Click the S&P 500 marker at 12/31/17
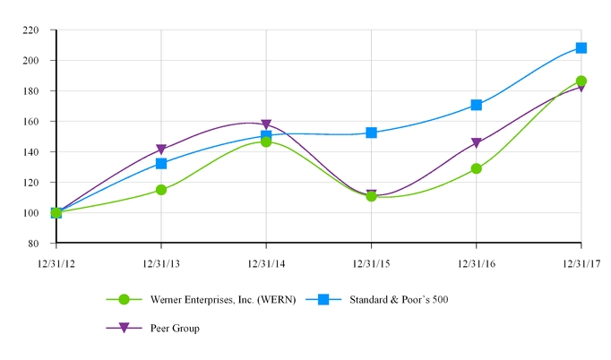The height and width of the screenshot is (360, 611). click(x=581, y=48)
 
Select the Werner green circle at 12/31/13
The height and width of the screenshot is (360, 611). click(x=161, y=190)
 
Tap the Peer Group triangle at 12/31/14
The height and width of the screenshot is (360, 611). click(x=266, y=125)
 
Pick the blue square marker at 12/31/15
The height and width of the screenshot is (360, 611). click(x=371, y=133)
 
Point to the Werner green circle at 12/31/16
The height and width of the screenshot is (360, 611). click(x=476, y=168)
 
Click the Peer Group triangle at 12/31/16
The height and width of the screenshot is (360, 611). click(x=476, y=143)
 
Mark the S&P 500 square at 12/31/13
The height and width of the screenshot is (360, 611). click(x=161, y=164)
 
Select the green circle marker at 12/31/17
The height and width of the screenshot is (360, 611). click(x=581, y=81)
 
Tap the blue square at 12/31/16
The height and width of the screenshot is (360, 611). click(x=476, y=105)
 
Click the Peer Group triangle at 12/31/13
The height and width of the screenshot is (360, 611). click(x=161, y=150)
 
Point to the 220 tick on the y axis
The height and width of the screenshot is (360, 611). click(x=37, y=30)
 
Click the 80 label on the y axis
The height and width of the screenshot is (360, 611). click(x=39, y=244)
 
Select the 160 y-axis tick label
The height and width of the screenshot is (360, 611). click(x=37, y=121)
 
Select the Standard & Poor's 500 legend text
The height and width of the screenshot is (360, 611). click(x=399, y=299)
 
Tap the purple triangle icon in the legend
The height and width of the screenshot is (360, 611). click(x=125, y=329)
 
